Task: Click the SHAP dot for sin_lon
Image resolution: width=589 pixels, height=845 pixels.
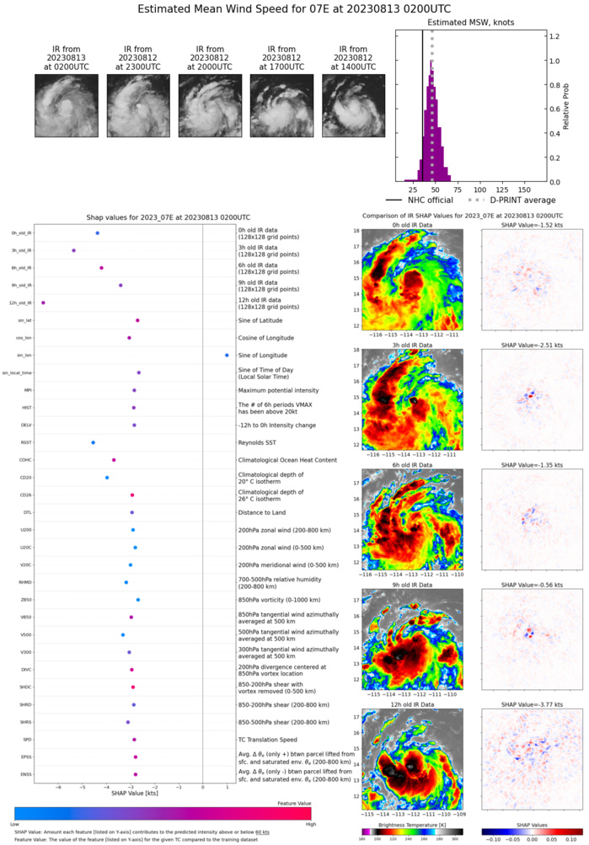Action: pos(227,355)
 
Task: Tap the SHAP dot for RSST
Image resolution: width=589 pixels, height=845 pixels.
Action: pos(93,442)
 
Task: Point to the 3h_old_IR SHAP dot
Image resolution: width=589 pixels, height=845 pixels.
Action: pos(73,250)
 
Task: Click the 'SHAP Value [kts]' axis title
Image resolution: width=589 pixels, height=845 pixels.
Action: pos(130,793)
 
